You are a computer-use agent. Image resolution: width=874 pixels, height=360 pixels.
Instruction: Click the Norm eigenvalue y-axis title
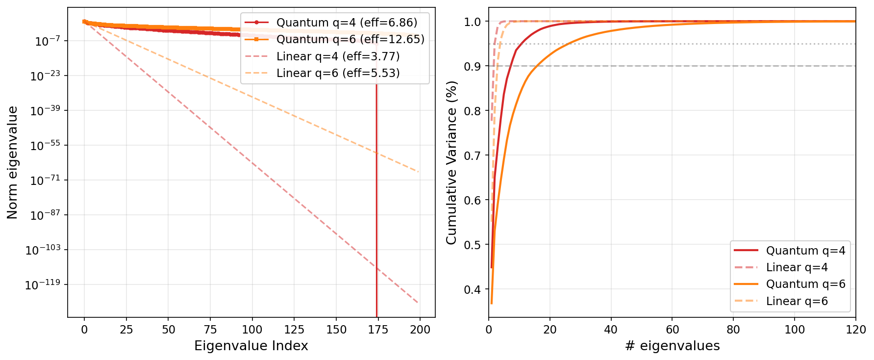coord(13,162)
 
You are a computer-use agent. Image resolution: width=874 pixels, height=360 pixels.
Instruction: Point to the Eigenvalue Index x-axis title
coord(251,346)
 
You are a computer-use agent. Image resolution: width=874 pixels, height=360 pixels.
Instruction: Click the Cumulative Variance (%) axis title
coord(451,162)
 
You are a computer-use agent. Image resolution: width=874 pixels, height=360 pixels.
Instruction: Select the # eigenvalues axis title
coord(672,346)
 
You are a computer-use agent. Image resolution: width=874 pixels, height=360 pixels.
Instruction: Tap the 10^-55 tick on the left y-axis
coord(45,146)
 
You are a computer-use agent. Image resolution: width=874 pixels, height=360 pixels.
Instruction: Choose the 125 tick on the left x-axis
coord(294,329)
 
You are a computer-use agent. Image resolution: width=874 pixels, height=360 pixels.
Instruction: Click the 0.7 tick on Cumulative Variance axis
coord(473,155)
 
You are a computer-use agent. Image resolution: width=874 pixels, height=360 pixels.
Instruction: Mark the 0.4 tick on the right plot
coord(473,289)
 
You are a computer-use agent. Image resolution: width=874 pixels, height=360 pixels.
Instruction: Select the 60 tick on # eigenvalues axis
coord(672,329)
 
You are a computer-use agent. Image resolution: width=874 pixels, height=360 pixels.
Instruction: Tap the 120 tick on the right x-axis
coord(855,329)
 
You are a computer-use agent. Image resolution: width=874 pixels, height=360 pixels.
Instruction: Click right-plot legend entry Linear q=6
coord(797,301)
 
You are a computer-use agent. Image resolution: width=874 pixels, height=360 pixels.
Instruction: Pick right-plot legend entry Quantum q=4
coord(805,251)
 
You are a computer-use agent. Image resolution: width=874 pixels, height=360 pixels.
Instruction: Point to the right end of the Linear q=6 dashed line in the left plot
coord(418,172)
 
